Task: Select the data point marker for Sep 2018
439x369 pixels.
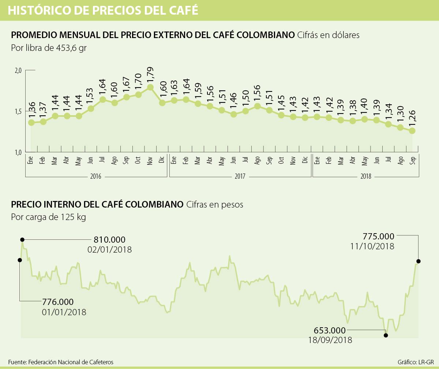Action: coord(412,131)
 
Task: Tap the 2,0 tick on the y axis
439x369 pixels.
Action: coord(18,70)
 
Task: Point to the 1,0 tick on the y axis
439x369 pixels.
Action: coord(18,152)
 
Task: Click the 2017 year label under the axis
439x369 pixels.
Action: coord(240,176)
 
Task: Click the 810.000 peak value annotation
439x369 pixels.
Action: coord(109,240)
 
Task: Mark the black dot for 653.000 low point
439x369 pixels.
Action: coord(386,335)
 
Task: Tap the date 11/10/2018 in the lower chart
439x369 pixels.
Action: coord(372,246)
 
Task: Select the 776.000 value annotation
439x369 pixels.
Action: coord(58,302)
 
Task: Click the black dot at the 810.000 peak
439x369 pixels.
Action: coord(22,239)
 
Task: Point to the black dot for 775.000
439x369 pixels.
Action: coord(419,261)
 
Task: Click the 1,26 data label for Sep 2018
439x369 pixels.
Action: coord(412,119)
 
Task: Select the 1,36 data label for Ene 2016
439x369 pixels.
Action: coord(31,110)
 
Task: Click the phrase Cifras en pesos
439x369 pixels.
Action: coord(215,205)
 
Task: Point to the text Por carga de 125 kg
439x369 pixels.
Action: coord(48,217)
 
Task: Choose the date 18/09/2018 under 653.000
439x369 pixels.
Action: coord(330,340)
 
